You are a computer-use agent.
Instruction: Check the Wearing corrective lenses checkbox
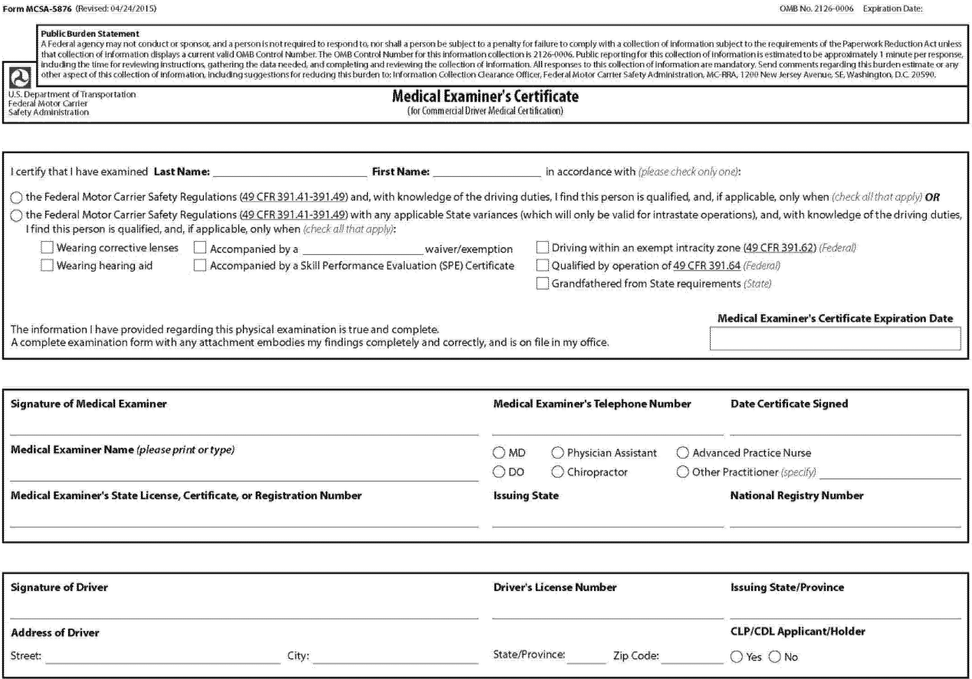[47, 247]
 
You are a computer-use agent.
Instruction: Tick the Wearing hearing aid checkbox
[47, 265]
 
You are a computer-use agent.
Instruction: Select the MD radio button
[499, 452]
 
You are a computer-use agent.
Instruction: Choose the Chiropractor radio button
[557, 471]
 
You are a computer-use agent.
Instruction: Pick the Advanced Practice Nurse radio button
[682, 452]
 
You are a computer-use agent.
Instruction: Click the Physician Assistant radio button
[557, 452]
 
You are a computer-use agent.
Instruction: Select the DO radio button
[499, 471]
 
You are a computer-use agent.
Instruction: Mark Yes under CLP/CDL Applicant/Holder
[737, 657]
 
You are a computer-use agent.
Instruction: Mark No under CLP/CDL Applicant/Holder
[775, 657]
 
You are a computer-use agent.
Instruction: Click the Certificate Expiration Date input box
[835, 339]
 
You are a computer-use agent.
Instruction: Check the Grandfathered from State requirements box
[542, 283]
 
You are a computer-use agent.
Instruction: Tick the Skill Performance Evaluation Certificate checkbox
[200, 265]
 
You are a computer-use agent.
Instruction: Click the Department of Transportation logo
[20, 78]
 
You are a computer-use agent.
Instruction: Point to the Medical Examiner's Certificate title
[485, 97]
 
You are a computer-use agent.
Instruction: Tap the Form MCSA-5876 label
[37, 8]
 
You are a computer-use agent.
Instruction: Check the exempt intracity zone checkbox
[542, 247]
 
